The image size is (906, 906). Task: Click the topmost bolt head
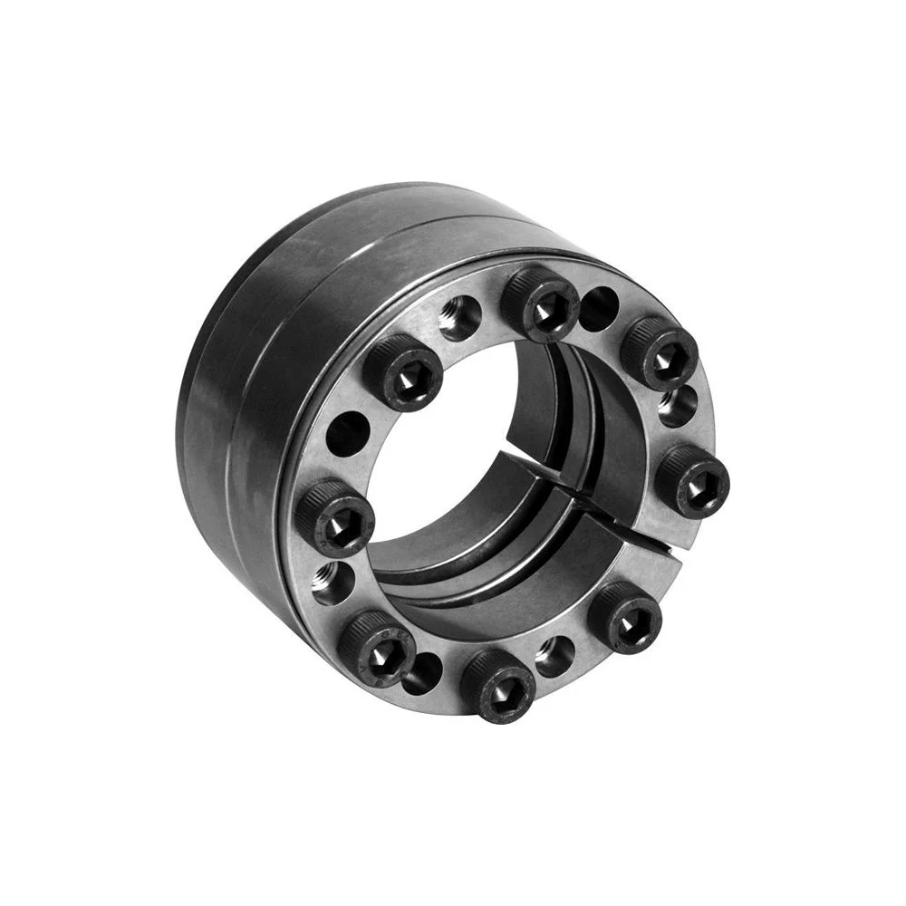(x=540, y=304)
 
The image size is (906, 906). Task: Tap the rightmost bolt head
(x=692, y=481)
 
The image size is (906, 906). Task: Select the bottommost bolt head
(x=497, y=686)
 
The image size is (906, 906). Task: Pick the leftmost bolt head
(x=334, y=517)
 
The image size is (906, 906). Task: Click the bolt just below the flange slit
(x=624, y=618)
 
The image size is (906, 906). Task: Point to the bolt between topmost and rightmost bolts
(x=659, y=352)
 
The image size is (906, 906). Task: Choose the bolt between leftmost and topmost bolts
(x=403, y=371)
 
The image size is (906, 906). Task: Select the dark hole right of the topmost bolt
(x=598, y=309)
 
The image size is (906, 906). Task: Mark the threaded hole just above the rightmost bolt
(x=678, y=406)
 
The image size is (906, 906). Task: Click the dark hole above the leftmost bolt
(x=348, y=434)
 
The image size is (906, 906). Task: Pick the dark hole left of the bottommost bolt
(x=422, y=673)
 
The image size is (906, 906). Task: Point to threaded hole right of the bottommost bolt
(x=554, y=656)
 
